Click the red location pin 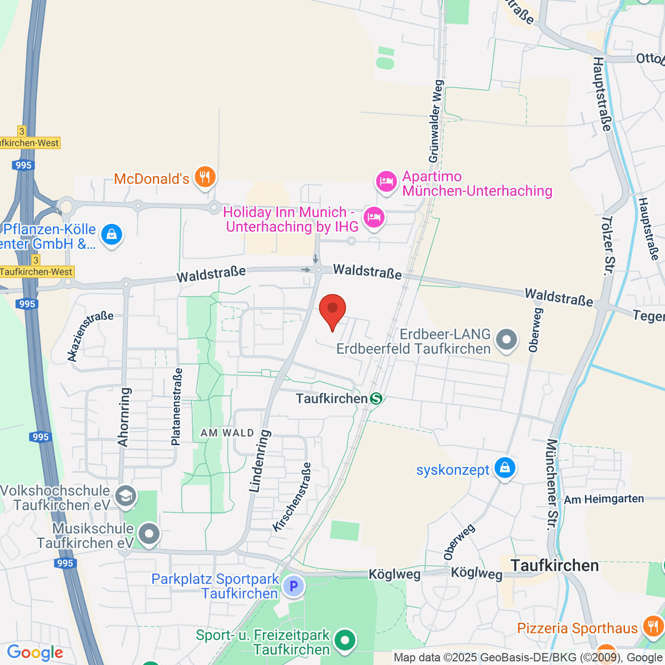(x=332, y=309)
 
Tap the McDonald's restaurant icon (x=206, y=177)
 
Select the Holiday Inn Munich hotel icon (x=374, y=217)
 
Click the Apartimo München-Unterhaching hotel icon (x=386, y=181)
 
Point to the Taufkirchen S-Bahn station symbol (x=376, y=398)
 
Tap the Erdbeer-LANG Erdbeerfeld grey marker (x=506, y=339)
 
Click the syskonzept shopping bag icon (x=504, y=468)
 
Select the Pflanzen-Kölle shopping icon (x=111, y=234)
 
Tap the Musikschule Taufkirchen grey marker (x=149, y=534)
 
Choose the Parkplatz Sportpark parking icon (x=293, y=586)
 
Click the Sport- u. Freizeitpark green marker (x=345, y=641)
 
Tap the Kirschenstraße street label (x=292, y=497)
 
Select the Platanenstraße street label (x=176, y=407)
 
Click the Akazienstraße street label (x=90, y=336)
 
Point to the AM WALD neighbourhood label (x=227, y=433)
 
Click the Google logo (x=35, y=652)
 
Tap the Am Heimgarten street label (x=604, y=499)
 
